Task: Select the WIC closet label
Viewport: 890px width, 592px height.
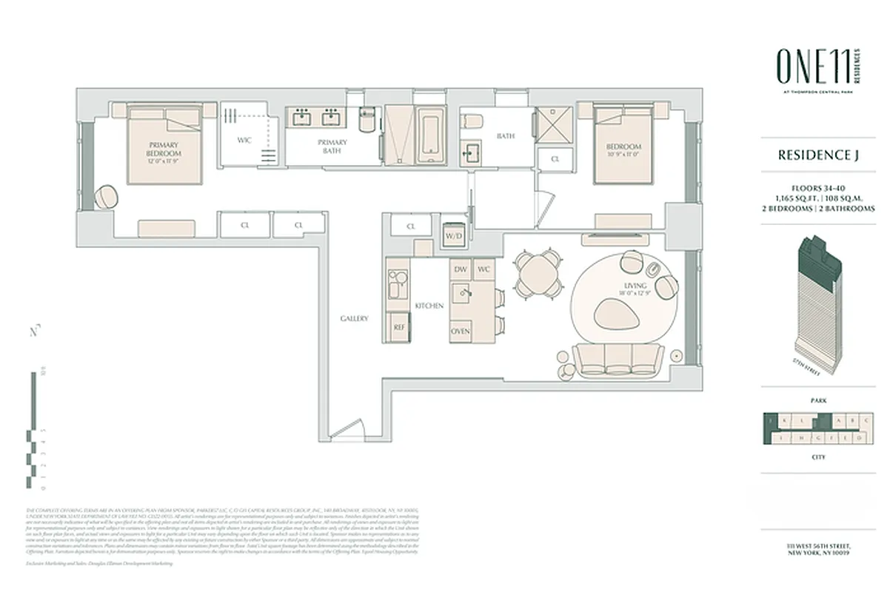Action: click(x=244, y=140)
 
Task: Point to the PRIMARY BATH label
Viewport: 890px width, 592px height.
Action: click(x=332, y=146)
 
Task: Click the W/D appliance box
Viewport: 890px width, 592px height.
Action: click(x=452, y=235)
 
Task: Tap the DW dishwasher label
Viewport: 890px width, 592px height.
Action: click(x=460, y=269)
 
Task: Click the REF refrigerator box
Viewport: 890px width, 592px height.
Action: click(x=399, y=326)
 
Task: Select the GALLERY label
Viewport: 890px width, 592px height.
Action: click(x=354, y=318)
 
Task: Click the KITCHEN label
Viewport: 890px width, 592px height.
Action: click(x=429, y=306)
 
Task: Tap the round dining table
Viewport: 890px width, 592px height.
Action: click(x=538, y=275)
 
